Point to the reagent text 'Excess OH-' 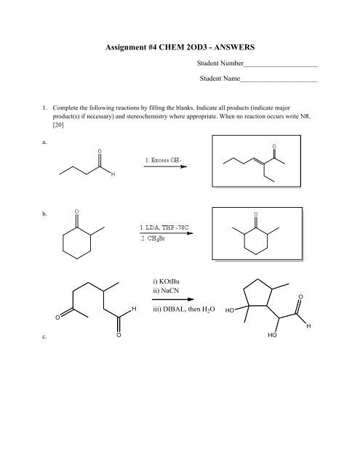click(x=167, y=158)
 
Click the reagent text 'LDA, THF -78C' click(x=168, y=227)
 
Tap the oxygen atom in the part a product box click(x=273, y=146)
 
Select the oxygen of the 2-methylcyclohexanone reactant click(x=76, y=211)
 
